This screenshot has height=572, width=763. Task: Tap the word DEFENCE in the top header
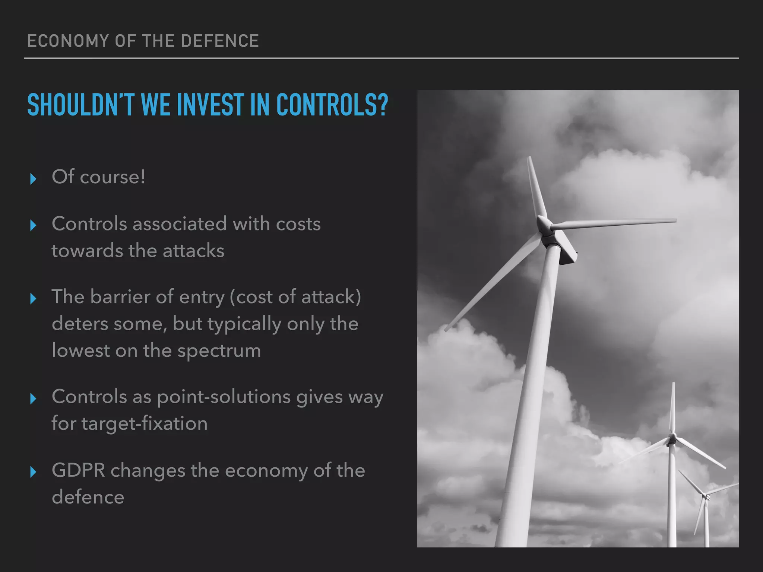coord(219,41)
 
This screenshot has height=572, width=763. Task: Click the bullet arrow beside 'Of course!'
coord(33,179)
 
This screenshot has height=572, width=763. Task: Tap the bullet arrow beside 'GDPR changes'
coord(33,472)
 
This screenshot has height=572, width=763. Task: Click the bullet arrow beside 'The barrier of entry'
coord(33,298)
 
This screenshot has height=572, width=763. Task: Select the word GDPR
coord(78,470)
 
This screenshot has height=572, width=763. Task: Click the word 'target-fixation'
coord(145,424)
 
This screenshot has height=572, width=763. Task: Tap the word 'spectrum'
coord(219,351)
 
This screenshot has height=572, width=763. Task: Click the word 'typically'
coord(244,324)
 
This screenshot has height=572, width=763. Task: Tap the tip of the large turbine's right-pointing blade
coord(675,220)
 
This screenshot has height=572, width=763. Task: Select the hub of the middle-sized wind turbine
coord(672,438)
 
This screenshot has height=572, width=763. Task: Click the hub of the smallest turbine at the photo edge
coord(705,496)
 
